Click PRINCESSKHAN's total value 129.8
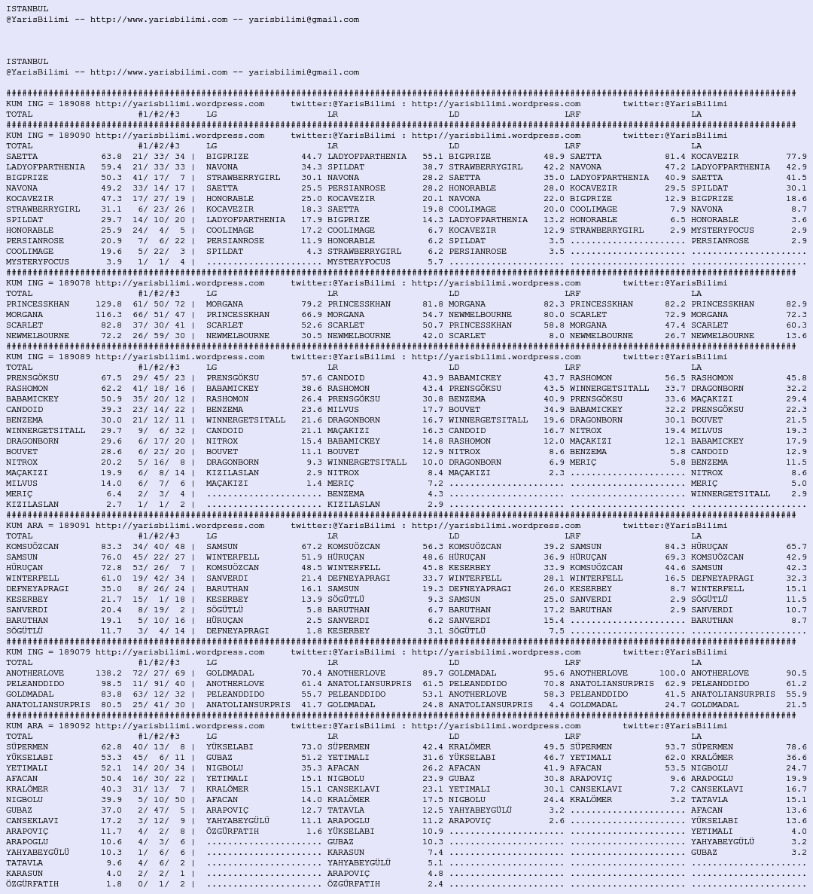coord(108,304)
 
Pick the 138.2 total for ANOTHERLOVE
coord(108,673)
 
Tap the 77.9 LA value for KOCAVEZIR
coord(796,157)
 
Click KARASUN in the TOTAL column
coord(25,874)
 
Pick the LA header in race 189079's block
coord(696,663)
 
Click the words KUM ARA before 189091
coord(25,526)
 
